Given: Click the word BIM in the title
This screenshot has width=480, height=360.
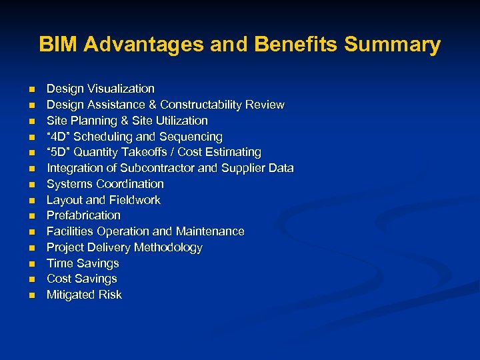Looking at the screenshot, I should (x=58, y=45).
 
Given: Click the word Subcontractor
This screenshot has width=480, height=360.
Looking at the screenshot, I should (x=159, y=168).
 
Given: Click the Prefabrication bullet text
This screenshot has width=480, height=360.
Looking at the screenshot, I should (x=83, y=215).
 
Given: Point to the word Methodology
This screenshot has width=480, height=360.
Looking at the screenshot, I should (x=170, y=247).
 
